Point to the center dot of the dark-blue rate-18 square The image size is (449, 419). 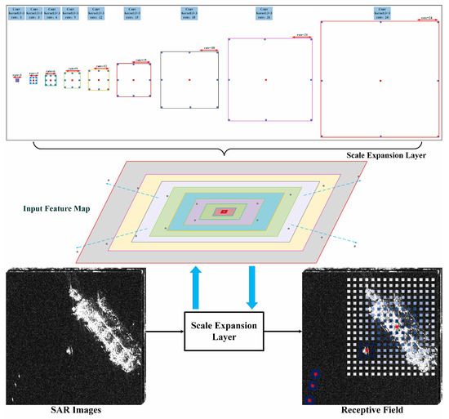point(189,79)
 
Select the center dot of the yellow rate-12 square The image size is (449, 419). point(98,79)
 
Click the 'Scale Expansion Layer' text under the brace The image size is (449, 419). point(386,153)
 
